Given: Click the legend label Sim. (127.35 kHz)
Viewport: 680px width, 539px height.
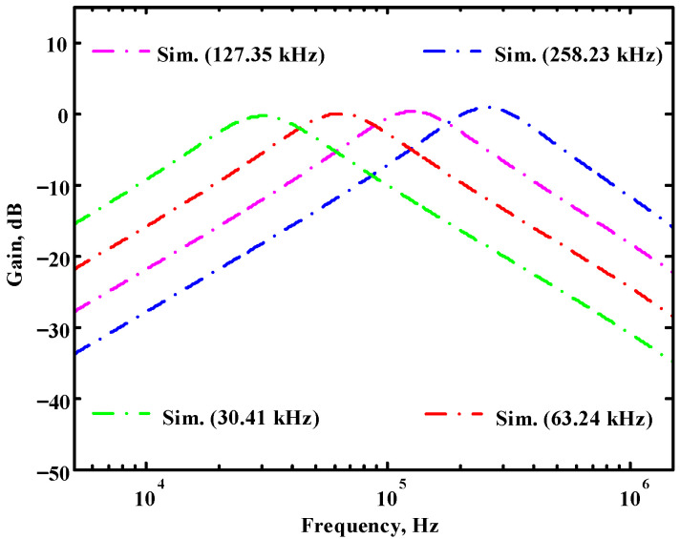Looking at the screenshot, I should (x=239, y=53).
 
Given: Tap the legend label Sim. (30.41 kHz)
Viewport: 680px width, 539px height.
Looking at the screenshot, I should (x=238, y=418).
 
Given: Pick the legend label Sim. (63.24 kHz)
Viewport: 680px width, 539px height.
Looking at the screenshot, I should (x=576, y=418).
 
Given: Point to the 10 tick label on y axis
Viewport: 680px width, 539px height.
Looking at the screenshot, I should (x=52, y=43).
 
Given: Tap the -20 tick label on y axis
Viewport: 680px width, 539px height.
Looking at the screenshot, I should (x=48, y=258).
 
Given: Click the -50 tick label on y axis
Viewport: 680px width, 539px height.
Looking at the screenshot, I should (x=48, y=472).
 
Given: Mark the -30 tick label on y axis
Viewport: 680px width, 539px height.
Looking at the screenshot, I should (x=48, y=329).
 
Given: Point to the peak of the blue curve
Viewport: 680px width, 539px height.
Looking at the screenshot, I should (x=489, y=107).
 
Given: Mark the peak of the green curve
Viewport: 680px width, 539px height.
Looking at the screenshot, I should (x=263, y=115).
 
